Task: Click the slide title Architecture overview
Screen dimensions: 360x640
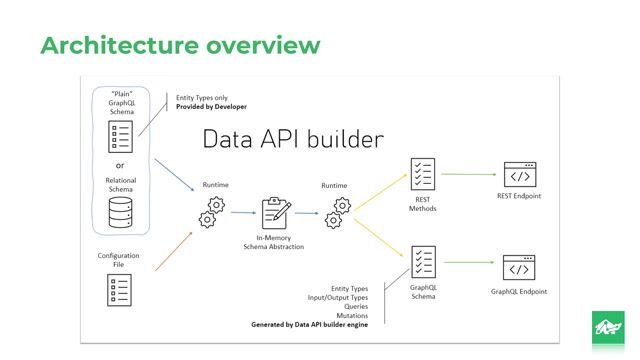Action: tap(180, 45)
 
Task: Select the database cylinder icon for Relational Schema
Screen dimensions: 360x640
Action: tap(119, 211)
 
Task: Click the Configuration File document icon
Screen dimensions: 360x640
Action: tap(119, 290)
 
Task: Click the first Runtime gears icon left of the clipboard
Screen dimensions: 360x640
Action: tap(211, 211)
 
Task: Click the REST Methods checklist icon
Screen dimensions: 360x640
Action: tap(423, 174)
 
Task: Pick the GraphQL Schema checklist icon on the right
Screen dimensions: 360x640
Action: tap(423, 262)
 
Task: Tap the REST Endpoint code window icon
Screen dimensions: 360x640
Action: tap(518, 175)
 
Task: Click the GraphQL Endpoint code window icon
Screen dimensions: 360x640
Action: tap(518, 269)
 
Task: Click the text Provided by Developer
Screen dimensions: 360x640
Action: tap(211, 106)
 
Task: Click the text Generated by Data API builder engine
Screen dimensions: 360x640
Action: tap(309, 324)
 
